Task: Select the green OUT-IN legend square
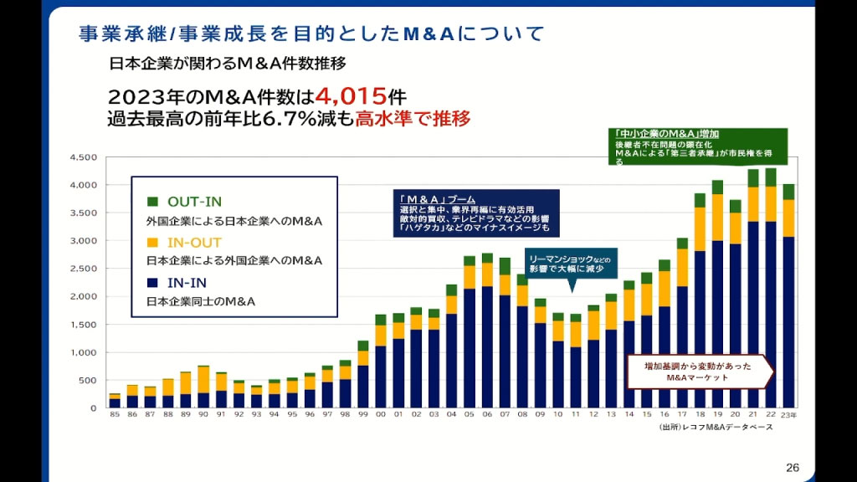click(x=152, y=202)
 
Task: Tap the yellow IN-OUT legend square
click(x=152, y=242)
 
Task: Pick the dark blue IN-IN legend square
click(x=152, y=282)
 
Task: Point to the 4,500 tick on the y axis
click(x=85, y=157)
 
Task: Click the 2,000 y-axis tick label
click(x=85, y=297)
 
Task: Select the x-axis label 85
click(x=115, y=415)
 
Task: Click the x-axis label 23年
click(x=788, y=415)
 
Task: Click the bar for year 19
click(x=717, y=294)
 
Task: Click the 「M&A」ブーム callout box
click(x=464, y=213)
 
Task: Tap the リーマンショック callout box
click(x=572, y=263)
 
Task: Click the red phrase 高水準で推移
click(x=413, y=119)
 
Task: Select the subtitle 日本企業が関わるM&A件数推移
click(x=228, y=64)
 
